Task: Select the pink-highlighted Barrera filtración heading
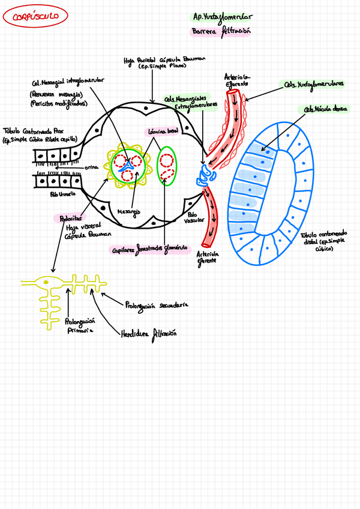tap(220, 32)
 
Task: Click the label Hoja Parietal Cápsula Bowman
tap(164, 63)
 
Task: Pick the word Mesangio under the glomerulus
tap(128, 211)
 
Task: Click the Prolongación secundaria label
tap(157, 306)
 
